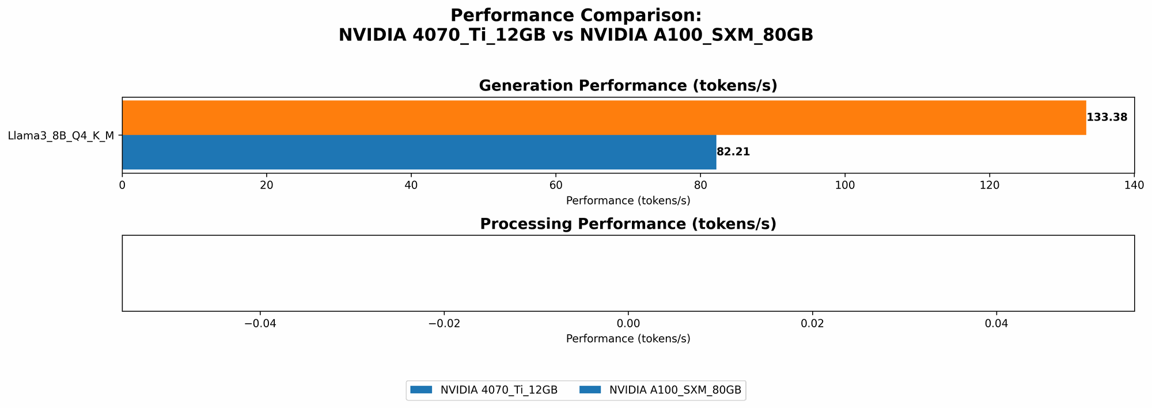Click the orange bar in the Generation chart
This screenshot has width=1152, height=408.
click(604, 118)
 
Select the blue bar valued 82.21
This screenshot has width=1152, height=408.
click(419, 152)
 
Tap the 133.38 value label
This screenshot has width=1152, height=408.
click(1106, 118)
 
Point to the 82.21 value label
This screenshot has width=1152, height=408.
click(733, 152)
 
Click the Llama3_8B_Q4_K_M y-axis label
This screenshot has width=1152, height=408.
click(60, 136)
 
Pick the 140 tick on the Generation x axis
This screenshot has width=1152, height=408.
click(1134, 185)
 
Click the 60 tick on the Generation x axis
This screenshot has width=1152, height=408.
click(556, 185)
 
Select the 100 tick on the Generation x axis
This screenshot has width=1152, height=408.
click(845, 185)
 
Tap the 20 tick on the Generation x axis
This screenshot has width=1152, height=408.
click(267, 185)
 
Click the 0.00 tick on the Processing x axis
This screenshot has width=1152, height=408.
click(628, 324)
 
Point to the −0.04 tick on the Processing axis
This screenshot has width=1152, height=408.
click(260, 324)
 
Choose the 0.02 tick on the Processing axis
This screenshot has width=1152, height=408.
click(812, 324)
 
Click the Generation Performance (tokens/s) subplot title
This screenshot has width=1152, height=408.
click(628, 86)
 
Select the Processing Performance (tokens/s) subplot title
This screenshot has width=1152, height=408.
click(628, 224)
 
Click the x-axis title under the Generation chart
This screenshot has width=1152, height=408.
click(628, 201)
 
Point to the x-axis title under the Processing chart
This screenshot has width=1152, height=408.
click(628, 339)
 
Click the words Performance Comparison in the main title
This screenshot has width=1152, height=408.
click(575, 15)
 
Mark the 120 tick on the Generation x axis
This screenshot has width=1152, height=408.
click(990, 185)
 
